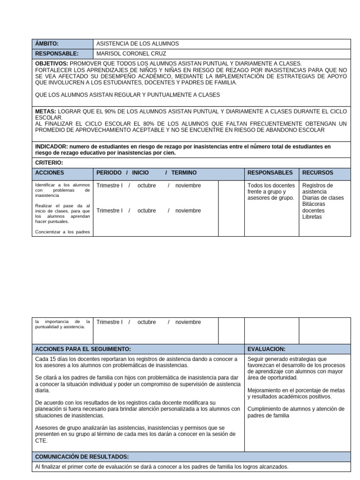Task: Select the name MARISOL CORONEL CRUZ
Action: [x=131, y=53]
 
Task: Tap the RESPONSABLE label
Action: [x=57, y=53]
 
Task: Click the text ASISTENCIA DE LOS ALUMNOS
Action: [x=137, y=44]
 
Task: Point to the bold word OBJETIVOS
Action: [x=52, y=63]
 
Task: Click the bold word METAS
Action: [x=45, y=112]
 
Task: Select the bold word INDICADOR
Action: [x=51, y=147]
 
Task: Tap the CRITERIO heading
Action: [x=49, y=163]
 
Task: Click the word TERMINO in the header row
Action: [x=184, y=173]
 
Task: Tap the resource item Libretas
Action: [x=312, y=217]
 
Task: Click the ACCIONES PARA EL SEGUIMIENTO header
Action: [x=83, y=349]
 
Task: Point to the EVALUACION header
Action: [x=266, y=349]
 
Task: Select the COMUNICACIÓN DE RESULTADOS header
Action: [x=82, y=457]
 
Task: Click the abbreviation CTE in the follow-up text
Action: [x=41, y=441]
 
